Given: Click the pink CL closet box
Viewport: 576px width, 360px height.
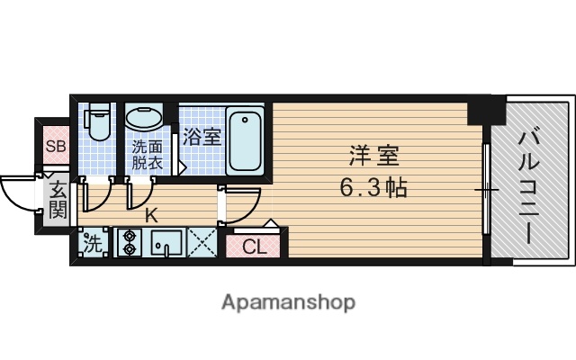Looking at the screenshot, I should pos(254,246).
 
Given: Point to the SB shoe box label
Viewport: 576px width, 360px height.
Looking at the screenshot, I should pos(55,147).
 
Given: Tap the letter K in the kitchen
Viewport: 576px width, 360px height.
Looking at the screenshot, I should pos(152,215).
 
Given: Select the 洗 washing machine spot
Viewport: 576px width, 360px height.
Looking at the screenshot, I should pos(93,243).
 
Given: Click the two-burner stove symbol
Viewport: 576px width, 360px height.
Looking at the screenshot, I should pos(128,243).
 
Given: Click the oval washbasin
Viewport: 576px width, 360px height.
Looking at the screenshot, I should pos(143,118).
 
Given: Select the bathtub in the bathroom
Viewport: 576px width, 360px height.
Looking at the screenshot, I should pos(245,139).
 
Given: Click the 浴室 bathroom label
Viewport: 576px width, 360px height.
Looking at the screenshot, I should pos(202,137).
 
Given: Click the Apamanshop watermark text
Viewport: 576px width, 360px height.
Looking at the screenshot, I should pos(288,302).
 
